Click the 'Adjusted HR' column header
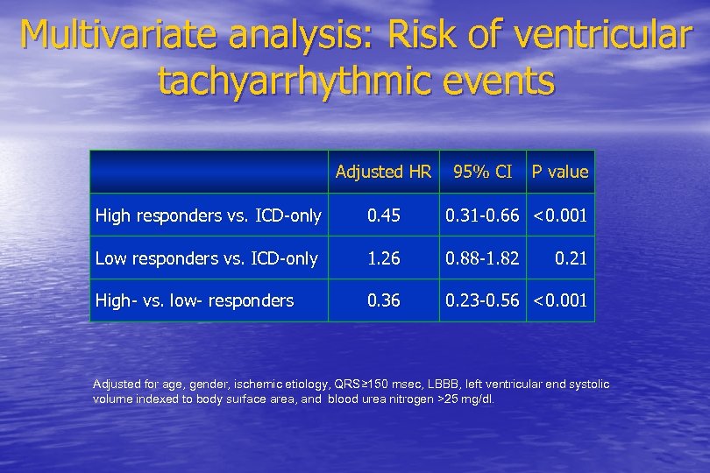pos(383,172)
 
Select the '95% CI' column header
pos(482,172)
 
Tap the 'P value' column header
pos(560,172)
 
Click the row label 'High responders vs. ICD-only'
pos(208,215)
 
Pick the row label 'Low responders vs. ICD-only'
pos(206,258)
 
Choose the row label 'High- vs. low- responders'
pos(194,300)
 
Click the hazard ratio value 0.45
pos(384,215)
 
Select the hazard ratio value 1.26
pos(384,258)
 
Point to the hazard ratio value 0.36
pos(384,300)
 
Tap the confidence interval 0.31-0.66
pos(482,215)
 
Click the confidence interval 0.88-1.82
pos(482,258)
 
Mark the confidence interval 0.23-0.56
pos(482,300)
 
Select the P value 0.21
pos(572,258)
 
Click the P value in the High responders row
pos(560,215)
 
